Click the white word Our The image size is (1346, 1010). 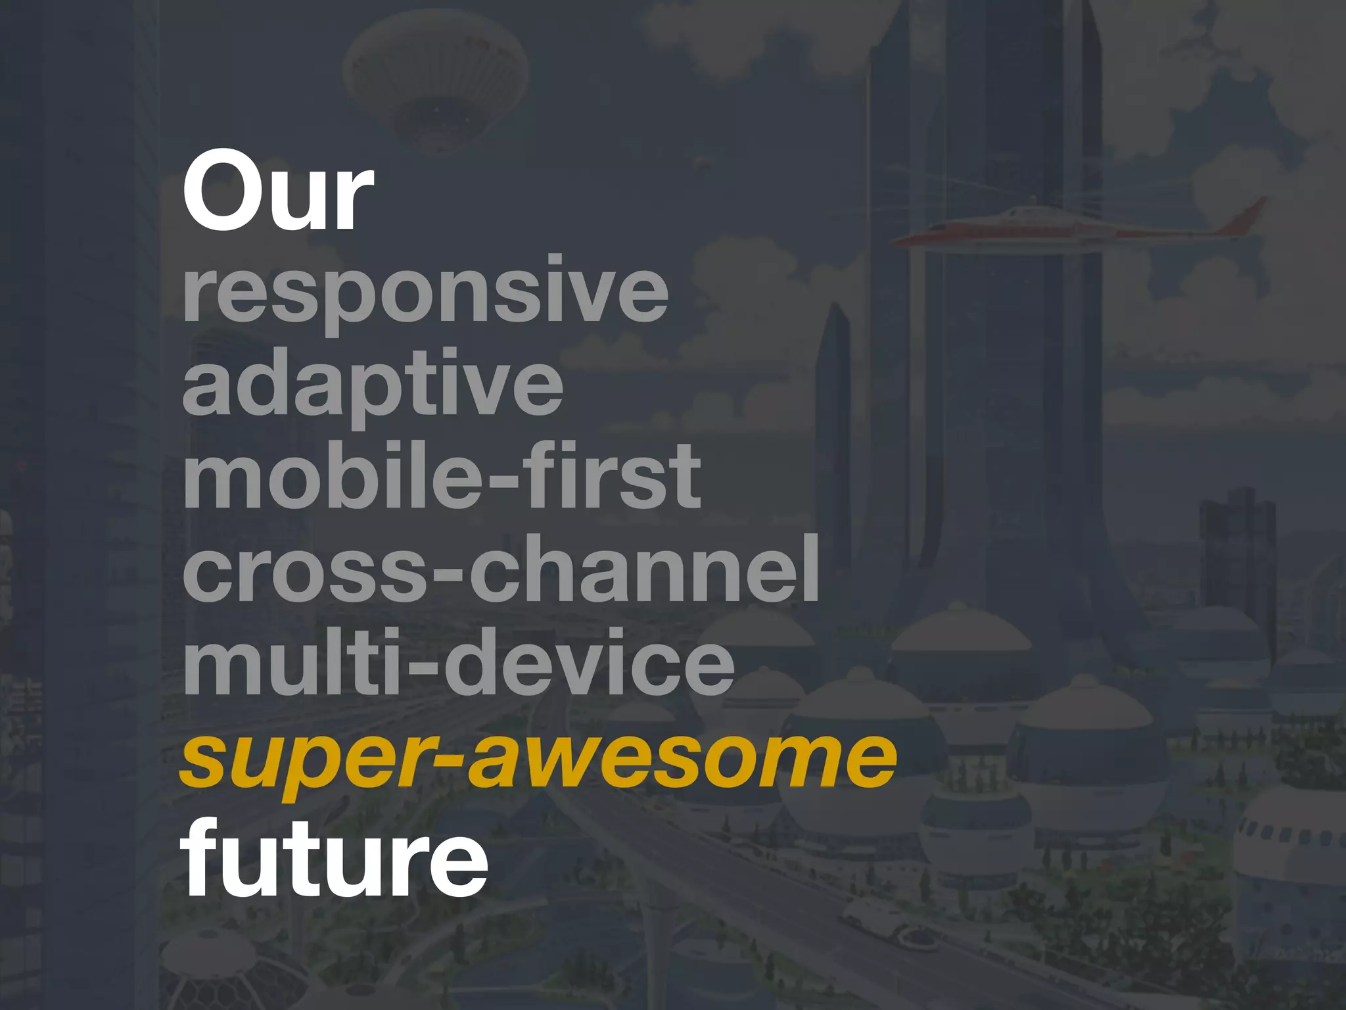[x=277, y=191]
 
